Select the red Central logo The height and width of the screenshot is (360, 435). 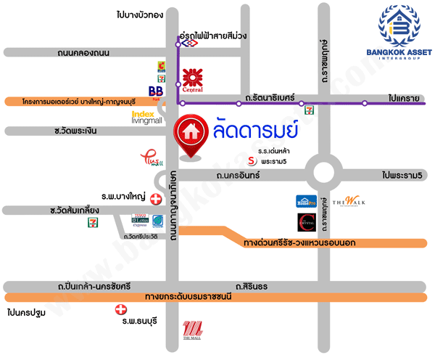(x=192, y=78)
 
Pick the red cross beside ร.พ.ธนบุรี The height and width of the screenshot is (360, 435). (x=120, y=310)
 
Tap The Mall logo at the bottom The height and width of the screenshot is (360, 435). (x=191, y=330)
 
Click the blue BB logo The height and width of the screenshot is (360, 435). (x=155, y=90)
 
